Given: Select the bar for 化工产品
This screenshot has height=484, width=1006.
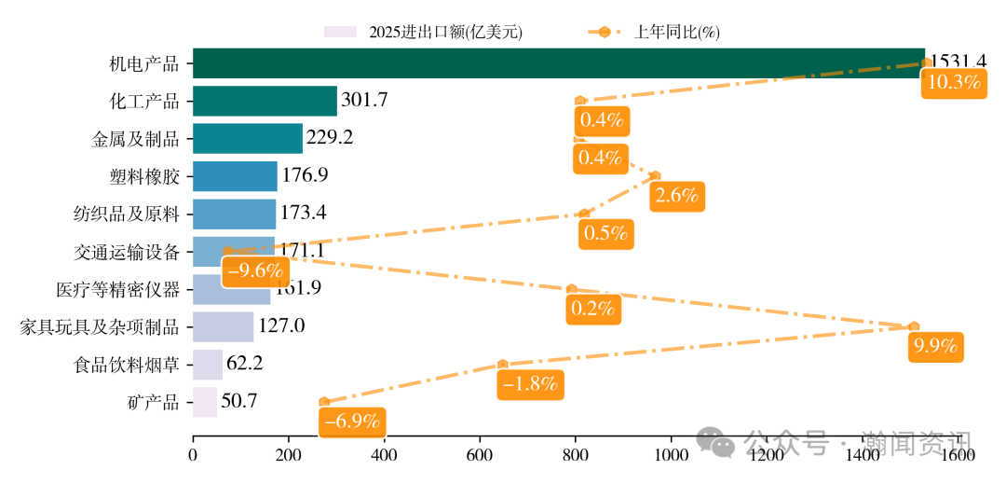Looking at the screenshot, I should click(265, 101).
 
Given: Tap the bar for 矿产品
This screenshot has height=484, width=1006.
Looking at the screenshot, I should click(205, 402).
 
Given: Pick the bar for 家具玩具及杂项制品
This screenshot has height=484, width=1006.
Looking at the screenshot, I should click(223, 326).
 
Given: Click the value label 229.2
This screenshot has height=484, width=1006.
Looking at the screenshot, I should click(330, 138).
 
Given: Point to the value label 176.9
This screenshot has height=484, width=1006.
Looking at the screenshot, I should click(305, 175).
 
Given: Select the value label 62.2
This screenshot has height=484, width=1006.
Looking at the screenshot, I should click(245, 364).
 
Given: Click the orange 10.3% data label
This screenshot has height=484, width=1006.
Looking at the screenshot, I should click(955, 82).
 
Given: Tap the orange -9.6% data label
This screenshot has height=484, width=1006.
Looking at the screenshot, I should click(253, 271).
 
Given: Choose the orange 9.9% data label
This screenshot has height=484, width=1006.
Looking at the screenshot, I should click(935, 347).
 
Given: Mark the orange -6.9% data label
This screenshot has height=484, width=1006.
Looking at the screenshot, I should click(351, 422).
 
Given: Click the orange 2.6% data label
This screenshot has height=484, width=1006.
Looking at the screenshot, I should click(676, 197).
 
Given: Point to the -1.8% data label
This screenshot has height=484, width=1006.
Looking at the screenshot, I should click(529, 383).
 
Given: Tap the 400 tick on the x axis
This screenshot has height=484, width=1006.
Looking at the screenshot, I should click(385, 456).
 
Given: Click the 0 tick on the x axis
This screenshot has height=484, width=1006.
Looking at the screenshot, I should click(193, 456).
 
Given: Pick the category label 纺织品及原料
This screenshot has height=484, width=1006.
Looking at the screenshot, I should click(126, 214).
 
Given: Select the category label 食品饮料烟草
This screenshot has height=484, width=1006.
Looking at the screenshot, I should click(126, 365).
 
